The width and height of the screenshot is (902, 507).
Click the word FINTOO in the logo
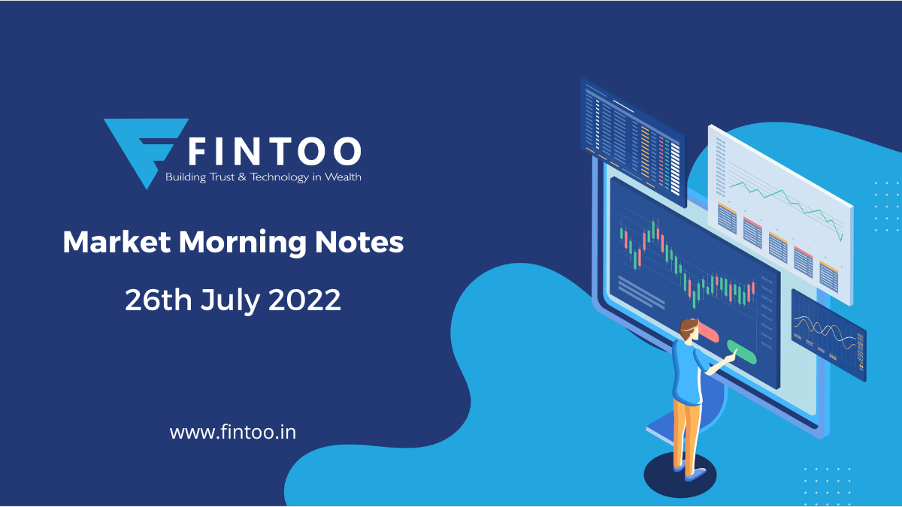[x=274, y=151]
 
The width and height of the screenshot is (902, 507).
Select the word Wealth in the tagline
[x=343, y=177]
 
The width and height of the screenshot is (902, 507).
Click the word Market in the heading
[x=117, y=242]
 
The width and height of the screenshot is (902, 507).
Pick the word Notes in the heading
[x=359, y=242]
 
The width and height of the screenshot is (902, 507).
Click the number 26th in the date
[x=159, y=300]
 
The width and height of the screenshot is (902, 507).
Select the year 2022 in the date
[x=304, y=300]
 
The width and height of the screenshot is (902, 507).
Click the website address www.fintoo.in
[x=233, y=433]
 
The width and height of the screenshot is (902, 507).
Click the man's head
[x=689, y=330]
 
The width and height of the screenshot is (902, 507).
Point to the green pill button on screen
[x=742, y=352]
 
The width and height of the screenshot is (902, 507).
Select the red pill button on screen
[x=707, y=331]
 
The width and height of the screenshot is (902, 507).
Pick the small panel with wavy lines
[x=828, y=336]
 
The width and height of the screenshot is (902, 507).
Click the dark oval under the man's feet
[x=680, y=475]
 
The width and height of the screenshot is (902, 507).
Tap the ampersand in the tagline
[x=242, y=177]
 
